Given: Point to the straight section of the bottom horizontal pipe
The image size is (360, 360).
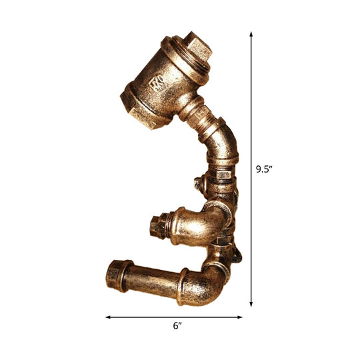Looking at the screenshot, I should [x=150, y=273].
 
